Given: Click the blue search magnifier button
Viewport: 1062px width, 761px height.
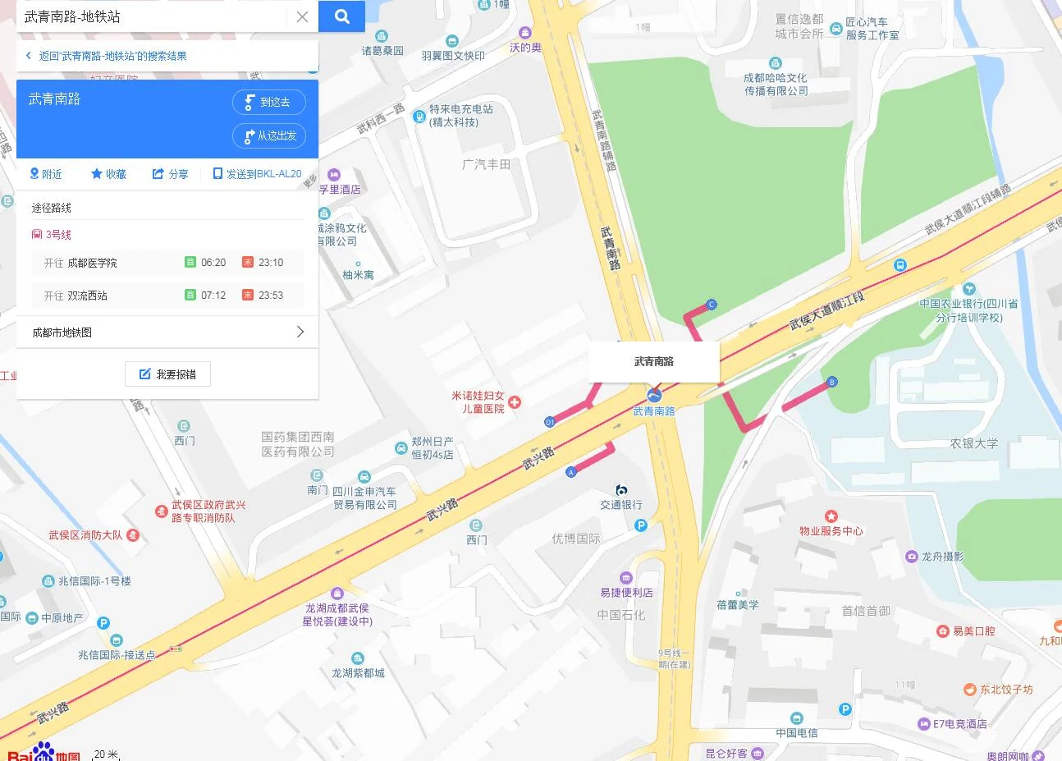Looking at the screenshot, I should [x=341, y=16].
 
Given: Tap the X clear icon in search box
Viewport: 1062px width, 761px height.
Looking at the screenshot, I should [x=302, y=16].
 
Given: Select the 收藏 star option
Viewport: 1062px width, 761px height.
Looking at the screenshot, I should [x=108, y=174].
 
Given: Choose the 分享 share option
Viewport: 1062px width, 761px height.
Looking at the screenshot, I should [x=170, y=174].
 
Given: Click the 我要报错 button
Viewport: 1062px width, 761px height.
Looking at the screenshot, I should [x=167, y=374].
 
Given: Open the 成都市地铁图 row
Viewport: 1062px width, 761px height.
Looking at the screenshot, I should [x=167, y=332].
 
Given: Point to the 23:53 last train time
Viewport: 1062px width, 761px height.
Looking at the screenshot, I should [x=270, y=296].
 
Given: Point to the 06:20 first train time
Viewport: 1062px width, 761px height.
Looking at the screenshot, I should [x=213, y=263].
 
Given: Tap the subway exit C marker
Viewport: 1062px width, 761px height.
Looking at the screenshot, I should [x=712, y=305].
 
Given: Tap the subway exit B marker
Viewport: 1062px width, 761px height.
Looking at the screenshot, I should [x=831, y=382].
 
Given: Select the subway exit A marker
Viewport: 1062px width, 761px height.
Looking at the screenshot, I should [x=571, y=472].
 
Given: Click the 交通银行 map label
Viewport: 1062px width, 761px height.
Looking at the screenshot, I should [x=621, y=505].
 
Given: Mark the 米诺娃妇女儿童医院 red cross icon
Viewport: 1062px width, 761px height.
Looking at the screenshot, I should [x=515, y=402].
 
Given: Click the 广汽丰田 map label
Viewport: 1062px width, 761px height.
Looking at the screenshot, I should [x=486, y=164].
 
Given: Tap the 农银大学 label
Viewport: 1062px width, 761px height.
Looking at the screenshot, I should [x=973, y=443].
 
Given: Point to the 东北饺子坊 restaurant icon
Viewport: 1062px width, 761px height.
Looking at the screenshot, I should [x=970, y=690].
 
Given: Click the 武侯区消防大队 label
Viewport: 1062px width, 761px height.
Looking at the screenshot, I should [x=85, y=535].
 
